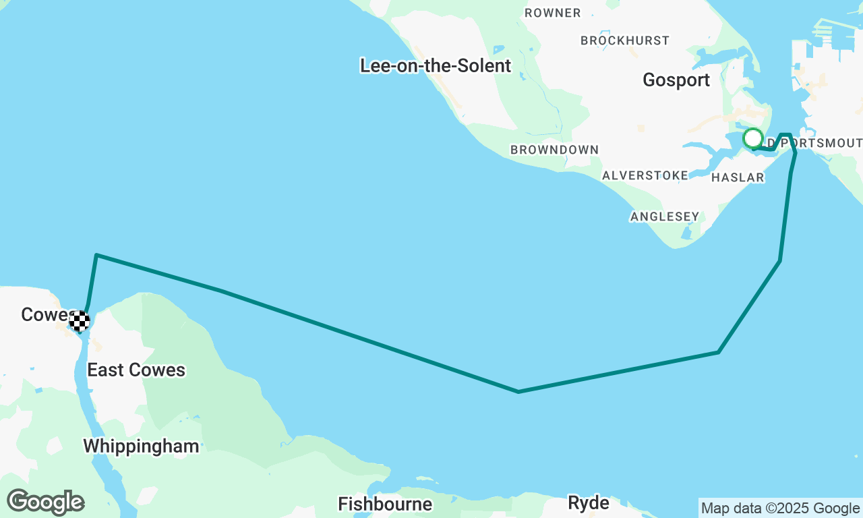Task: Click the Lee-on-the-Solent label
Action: (x=436, y=65)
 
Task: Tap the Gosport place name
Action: (x=676, y=80)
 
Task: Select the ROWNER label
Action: (x=552, y=13)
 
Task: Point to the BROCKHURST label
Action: (x=625, y=40)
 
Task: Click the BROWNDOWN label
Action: (x=554, y=150)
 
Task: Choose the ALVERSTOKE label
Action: (x=645, y=175)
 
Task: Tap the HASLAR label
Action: (x=738, y=177)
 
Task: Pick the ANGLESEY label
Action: (x=664, y=217)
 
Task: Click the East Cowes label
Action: (x=136, y=370)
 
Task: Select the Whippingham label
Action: (x=141, y=446)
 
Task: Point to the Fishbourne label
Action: (x=385, y=504)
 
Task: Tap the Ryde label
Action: (x=589, y=502)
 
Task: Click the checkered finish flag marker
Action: (x=80, y=321)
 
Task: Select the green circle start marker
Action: (x=752, y=138)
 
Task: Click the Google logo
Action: (x=45, y=502)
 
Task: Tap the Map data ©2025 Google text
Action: (x=780, y=509)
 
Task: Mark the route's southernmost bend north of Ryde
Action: (x=518, y=391)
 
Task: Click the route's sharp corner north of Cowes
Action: (x=97, y=255)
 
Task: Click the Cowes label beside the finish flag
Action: (x=44, y=314)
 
